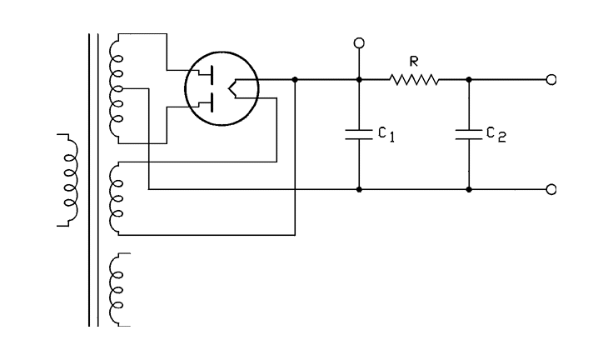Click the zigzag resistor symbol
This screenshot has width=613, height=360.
point(413,80)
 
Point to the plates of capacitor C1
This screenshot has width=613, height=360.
point(359,134)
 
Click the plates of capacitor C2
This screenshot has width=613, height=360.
point(469,134)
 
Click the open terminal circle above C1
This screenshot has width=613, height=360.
point(359,42)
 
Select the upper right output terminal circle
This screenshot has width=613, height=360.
point(551,80)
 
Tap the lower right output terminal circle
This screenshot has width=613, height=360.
point(551,190)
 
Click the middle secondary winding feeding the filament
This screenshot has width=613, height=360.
point(117,197)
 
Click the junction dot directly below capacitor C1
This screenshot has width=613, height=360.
point(359,190)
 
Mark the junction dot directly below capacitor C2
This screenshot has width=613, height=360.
point(469,190)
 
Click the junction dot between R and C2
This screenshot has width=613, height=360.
point(469,80)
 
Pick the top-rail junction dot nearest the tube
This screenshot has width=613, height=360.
point(296,80)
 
